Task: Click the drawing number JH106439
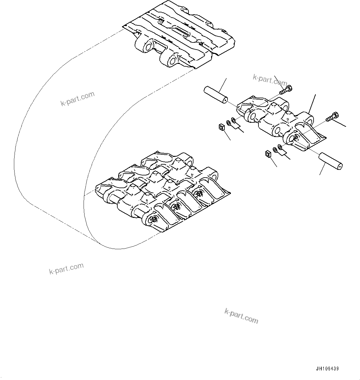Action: pos(327,369)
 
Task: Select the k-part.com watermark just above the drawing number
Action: pos(241,316)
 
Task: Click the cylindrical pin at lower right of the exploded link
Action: pos(330,161)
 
